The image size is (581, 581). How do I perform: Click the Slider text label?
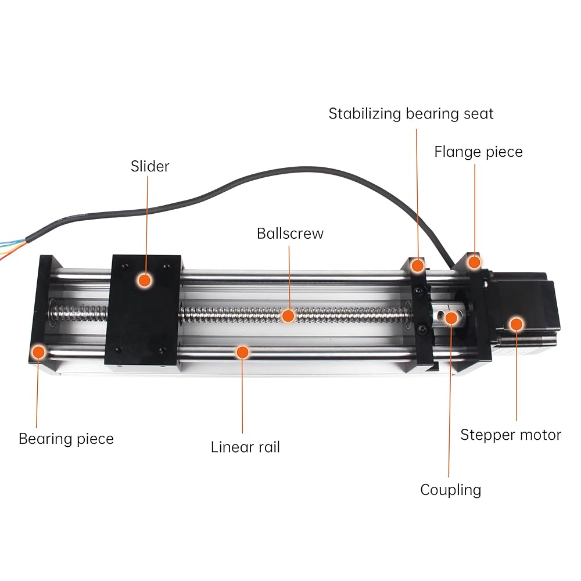pyautogui.click(x=150, y=166)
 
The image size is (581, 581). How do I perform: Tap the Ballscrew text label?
pyautogui.click(x=290, y=234)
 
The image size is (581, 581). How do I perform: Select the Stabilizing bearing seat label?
pyautogui.click(x=411, y=114)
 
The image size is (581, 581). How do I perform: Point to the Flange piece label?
pyautogui.click(x=478, y=152)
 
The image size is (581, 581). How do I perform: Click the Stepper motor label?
pyautogui.click(x=511, y=435)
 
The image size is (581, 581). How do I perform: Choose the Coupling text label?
pyautogui.click(x=451, y=490)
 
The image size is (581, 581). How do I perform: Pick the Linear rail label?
pyautogui.click(x=245, y=447)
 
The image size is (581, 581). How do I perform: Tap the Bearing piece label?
pyautogui.click(x=66, y=439)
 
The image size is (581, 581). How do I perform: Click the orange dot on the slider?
pyautogui.click(x=145, y=281)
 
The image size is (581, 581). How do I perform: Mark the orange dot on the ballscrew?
pyautogui.click(x=288, y=316)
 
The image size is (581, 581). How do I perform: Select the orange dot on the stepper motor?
pyautogui.click(x=516, y=324)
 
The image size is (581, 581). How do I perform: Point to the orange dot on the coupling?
pyautogui.click(x=451, y=318)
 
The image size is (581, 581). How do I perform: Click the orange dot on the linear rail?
pyautogui.click(x=242, y=352)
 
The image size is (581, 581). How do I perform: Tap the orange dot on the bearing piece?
pyautogui.click(x=38, y=352)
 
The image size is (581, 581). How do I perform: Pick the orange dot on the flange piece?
pyautogui.click(x=474, y=263)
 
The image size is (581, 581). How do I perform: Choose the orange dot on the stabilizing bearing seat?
pyautogui.click(x=418, y=266)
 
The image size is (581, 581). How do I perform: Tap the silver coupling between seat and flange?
pyautogui.click(x=446, y=317)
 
